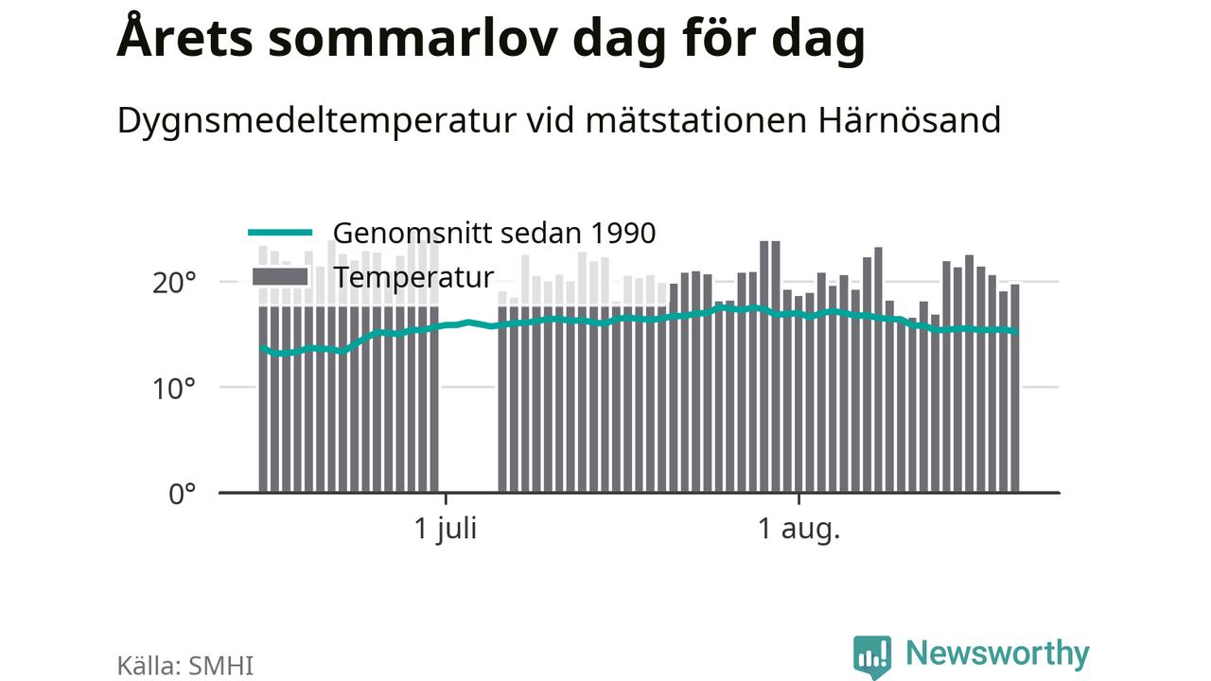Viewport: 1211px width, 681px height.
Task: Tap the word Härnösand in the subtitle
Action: point(909,119)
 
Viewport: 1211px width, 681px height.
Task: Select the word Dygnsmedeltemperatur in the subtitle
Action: point(316,122)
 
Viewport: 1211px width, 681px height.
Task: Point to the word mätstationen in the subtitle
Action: point(697,119)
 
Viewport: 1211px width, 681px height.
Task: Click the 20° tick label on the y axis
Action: point(173,283)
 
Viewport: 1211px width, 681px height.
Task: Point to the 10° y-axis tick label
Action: point(173,389)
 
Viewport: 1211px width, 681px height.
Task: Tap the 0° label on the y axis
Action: point(183,494)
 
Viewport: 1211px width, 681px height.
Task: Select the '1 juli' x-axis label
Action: point(445,529)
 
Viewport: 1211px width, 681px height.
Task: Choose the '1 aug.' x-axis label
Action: point(799,528)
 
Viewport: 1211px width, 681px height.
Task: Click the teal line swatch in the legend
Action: point(280,233)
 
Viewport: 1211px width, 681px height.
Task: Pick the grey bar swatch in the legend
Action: point(280,277)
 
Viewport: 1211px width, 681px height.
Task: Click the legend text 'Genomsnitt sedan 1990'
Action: point(494,234)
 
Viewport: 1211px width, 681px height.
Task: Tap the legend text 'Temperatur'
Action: point(413,278)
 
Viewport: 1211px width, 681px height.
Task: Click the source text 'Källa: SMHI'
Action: point(184,665)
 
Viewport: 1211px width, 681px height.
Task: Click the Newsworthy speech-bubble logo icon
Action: point(872,656)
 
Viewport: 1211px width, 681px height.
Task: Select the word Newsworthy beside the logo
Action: point(997,654)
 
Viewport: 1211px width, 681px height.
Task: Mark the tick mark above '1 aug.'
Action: point(799,498)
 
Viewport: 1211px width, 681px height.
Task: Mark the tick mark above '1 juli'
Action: point(446,498)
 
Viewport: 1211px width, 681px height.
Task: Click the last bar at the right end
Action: point(1015,389)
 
